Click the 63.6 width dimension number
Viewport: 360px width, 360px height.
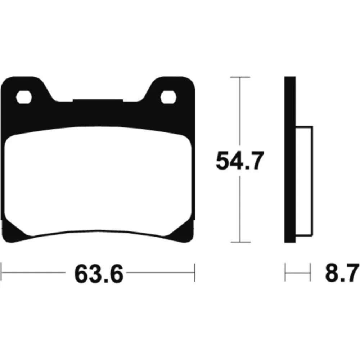[99, 274]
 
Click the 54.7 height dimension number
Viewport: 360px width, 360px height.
[240, 161]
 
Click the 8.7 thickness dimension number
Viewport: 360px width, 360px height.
[342, 273]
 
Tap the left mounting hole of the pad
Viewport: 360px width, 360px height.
[24, 97]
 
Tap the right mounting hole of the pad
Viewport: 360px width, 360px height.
[168, 97]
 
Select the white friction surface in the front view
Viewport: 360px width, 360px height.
[98, 181]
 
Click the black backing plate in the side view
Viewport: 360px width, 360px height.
[290, 159]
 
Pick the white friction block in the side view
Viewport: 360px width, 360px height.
[304, 181]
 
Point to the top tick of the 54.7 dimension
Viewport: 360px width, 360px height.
[240, 77]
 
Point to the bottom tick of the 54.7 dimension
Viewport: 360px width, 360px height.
[240, 242]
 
